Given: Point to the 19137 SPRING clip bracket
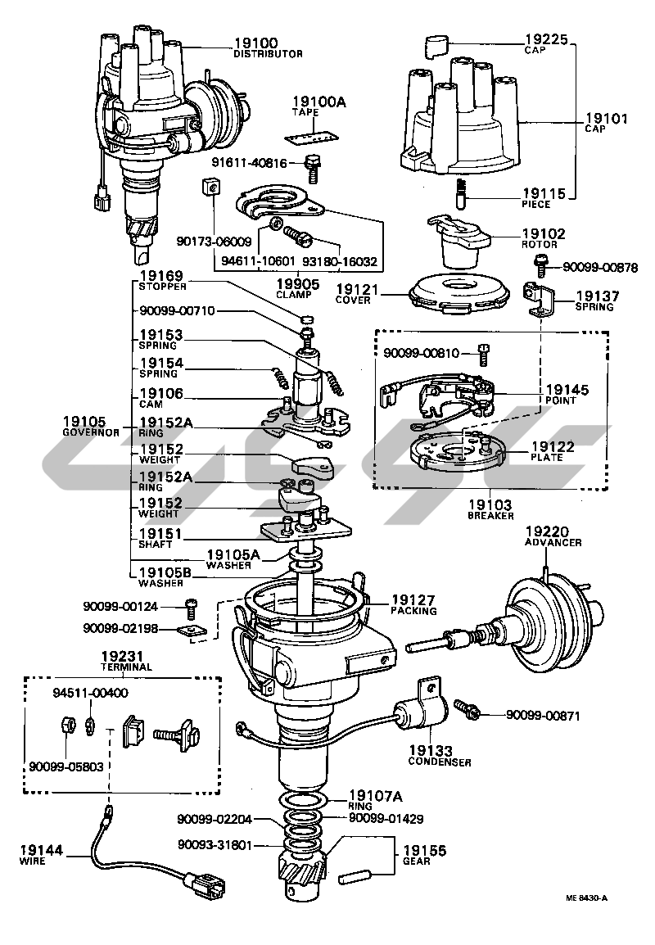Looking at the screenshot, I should pyautogui.click(x=536, y=299).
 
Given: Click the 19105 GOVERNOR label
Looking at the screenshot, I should pyautogui.click(x=90, y=426).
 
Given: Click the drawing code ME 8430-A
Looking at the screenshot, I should pyautogui.click(x=586, y=898).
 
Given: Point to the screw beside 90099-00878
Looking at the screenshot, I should pyautogui.click(x=540, y=265).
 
